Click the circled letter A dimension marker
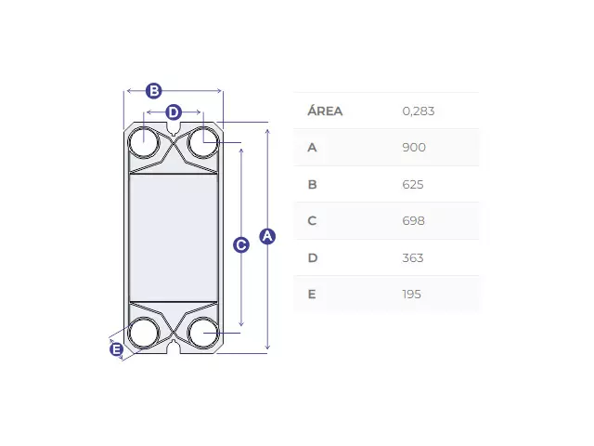point(267,236)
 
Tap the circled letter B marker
point(154,91)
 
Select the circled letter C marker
point(241,245)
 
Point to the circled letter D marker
point(174,112)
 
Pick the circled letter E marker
point(117,349)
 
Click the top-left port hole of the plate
point(144,142)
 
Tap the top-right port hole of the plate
point(203,142)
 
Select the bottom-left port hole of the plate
point(144,333)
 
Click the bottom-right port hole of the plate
point(203,333)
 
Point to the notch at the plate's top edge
point(174,129)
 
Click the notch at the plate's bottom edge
point(174,347)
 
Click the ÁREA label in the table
point(325,111)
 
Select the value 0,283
point(419,111)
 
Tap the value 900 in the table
point(414,147)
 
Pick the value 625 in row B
point(413,184)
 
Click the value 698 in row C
point(413,221)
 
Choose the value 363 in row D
point(413,258)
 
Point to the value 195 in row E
point(412,295)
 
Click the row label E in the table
point(312,295)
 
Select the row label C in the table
point(312,221)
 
